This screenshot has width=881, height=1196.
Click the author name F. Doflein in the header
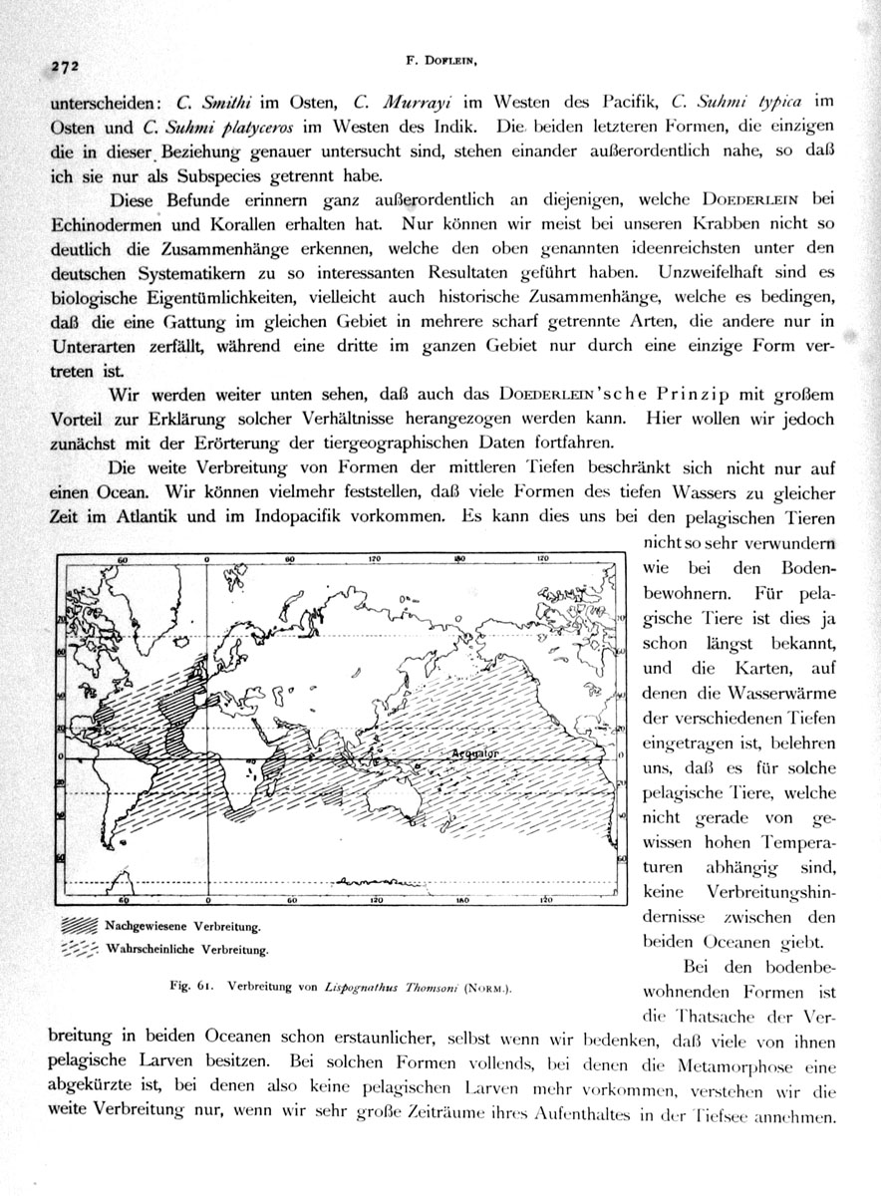coord(444,61)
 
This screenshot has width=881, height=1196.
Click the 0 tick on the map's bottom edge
coord(204,899)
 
